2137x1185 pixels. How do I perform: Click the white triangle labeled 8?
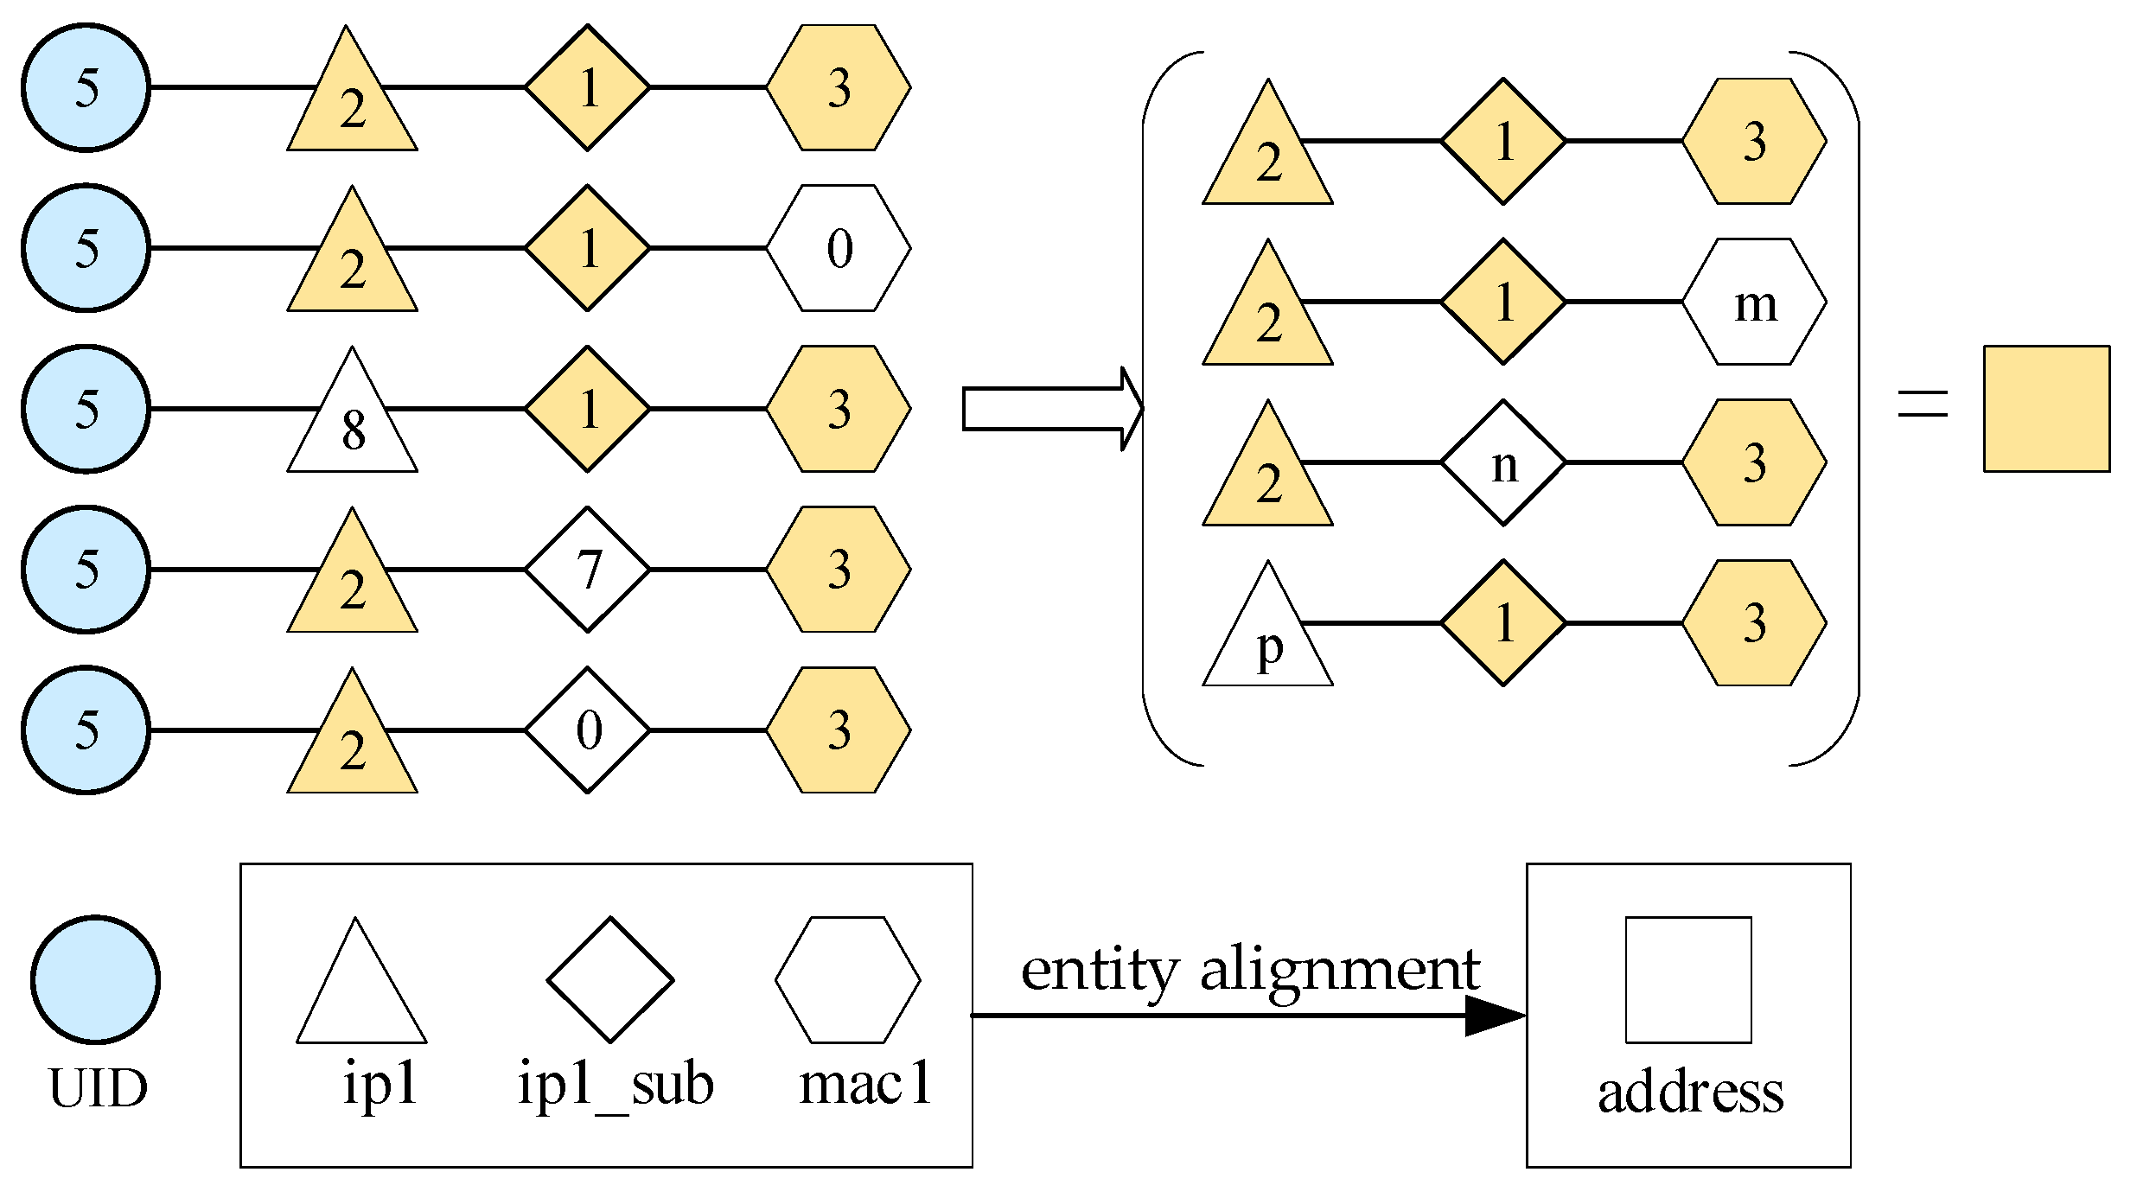click(x=353, y=424)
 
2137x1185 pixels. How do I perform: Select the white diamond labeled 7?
click(x=588, y=570)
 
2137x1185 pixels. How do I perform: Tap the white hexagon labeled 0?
click(x=839, y=248)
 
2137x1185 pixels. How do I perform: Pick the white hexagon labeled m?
click(x=1754, y=302)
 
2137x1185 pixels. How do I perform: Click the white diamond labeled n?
click(x=1503, y=462)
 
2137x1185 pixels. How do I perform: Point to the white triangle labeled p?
click(x=1268, y=640)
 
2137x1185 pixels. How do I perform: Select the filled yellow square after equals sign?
click(x=2046, y=409)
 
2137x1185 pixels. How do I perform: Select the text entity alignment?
click(x=1250, y=971)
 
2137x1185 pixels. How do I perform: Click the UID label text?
click(x=98, y=1088)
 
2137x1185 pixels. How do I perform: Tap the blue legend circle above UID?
click(x=96, y=980)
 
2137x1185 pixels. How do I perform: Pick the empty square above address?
click(x=1688, y=980)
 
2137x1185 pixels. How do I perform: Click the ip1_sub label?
click(x=616, y=1085)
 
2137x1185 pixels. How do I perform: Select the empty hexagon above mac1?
click(x=847, y=980)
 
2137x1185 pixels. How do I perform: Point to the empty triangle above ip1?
click(x=361, y=994)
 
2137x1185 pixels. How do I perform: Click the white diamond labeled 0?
click(x=588, y=730)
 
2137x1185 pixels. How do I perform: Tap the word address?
click(x=1690, y=1093)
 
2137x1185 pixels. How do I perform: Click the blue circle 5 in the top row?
click(x=86, y=88)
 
